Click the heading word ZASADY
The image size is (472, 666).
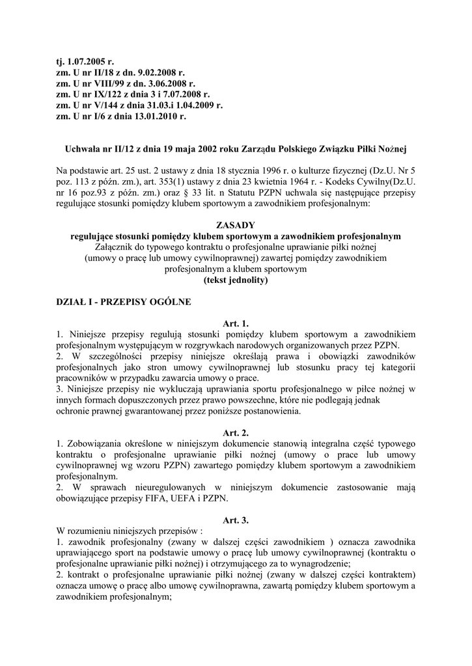pos(236,224)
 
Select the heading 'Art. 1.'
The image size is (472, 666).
pos(236,323)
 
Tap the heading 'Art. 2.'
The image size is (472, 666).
pos(236,433)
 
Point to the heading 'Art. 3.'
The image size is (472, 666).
pos(236,520)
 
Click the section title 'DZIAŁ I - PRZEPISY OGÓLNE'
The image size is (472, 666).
pos(124,302)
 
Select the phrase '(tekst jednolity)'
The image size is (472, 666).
pos(236,280)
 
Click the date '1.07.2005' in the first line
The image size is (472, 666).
pos(87,62)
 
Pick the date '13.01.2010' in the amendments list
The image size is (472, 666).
pos(163,117)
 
